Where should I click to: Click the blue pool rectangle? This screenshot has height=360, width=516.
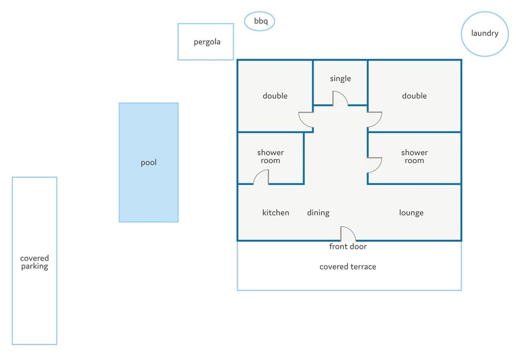tap(149, 163)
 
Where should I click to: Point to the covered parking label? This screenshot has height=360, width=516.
tap(34, 262)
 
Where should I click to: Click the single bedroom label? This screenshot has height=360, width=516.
tap(340, 78)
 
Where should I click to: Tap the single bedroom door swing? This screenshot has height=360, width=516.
tap(340, 99)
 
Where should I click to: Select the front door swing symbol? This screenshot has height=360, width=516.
tap(348, 234)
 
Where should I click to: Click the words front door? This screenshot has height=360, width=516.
tap(348, 247)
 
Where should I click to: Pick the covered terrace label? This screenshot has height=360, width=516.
tap(348, 267)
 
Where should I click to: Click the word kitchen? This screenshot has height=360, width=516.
tap(276, 213)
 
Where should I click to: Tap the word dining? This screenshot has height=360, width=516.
tap(318, 213)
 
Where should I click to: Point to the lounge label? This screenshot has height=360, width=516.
tap(411, 213)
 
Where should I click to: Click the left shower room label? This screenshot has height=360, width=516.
tap(270, 157)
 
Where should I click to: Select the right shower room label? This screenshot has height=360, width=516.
tap(414, 157)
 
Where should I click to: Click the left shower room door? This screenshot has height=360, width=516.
tap(261, 177)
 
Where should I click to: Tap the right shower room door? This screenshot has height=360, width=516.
tap(375, 165)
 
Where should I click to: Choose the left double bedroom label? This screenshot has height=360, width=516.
tap(275, 96)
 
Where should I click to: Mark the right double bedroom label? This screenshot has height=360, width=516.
tap(414, 96)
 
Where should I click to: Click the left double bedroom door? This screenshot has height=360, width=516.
tap(306, 120)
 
